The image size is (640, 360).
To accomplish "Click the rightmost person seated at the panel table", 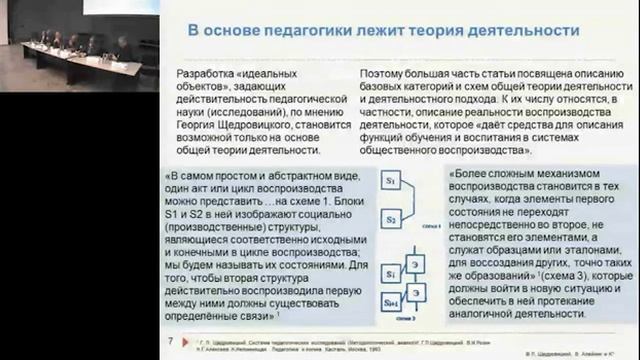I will click(x=122, y=45).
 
